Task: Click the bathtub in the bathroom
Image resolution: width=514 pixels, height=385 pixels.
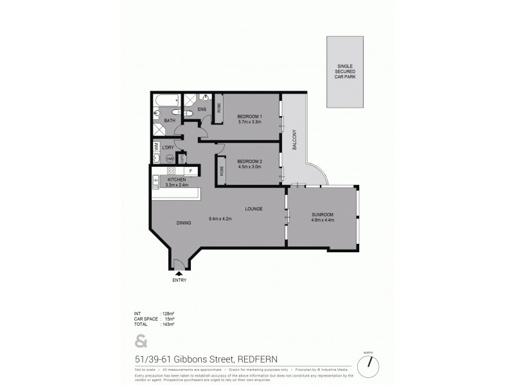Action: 166,101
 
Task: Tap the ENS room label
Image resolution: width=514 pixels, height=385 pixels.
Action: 202,110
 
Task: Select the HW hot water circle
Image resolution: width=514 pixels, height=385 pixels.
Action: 170,158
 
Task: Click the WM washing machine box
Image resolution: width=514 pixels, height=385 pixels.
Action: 157,147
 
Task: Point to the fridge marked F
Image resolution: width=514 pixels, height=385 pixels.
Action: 191,171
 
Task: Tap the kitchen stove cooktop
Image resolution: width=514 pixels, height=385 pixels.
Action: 172,171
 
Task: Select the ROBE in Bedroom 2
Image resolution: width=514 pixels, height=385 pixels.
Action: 222,171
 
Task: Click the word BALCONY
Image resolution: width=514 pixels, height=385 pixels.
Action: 292,141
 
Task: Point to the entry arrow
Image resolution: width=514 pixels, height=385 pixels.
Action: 178,273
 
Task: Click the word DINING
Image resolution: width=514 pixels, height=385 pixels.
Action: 184,223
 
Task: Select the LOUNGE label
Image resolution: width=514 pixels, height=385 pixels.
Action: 253,209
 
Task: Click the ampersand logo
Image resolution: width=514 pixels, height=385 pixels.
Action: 140,341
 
